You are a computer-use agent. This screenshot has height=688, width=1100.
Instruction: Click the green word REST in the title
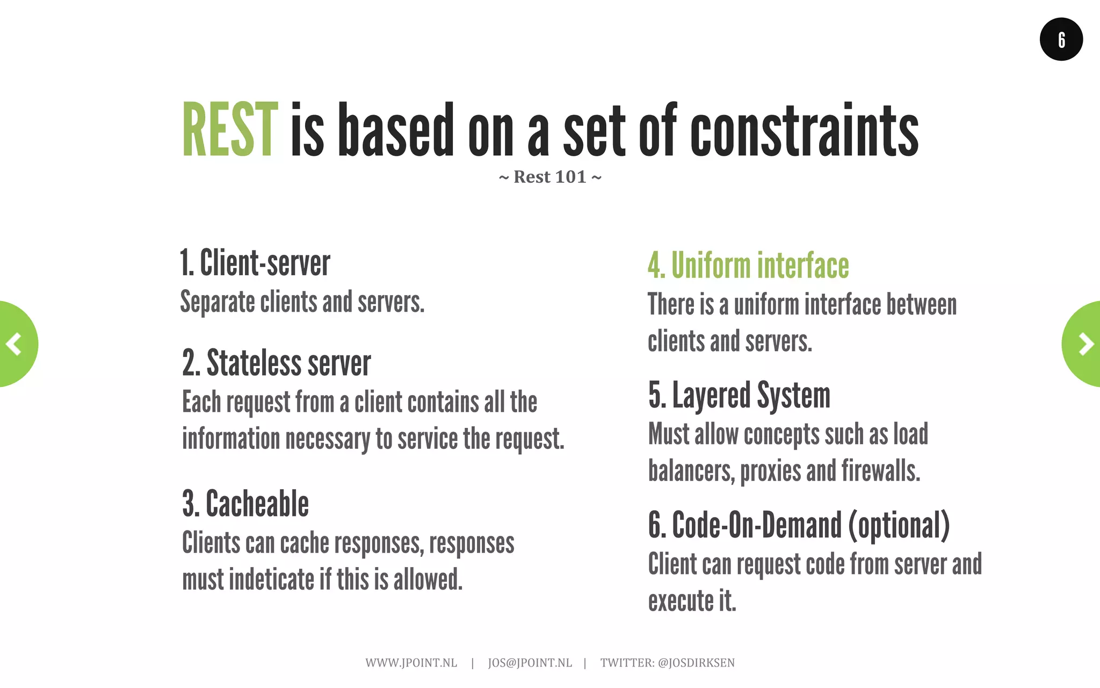pyautogui.click(x=230, y=131)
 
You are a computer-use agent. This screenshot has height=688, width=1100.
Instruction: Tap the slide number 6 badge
pyautogui.click(x=1061, y=39)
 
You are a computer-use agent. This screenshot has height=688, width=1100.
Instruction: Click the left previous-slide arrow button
pyautogui.click(x=15, y=344)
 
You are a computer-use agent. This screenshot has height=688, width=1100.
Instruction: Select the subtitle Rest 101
pyautogui.click(x=550, y=177)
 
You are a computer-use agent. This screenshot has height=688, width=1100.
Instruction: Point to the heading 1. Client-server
pyautogui.click(x=255, y=263)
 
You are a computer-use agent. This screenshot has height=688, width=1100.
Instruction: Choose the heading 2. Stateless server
pyautogui.click(x=277, y=363)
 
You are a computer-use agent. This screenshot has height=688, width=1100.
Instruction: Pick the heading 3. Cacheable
pyautogui.click(x=245, y=504)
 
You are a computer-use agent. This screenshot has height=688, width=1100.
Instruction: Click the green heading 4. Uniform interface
pyautogui.click(x=748, y=266)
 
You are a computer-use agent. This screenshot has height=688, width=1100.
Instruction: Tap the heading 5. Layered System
pyautogui.click(x=740, y=396)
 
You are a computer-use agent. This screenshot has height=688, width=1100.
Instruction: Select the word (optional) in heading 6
pyautogui.click(x=899, y=526)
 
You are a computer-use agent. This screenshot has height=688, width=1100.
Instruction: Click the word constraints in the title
pyautogui.click(x=804, y=131)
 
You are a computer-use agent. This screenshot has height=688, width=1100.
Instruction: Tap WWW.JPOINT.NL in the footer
pyautogui.click(x=411, y=663)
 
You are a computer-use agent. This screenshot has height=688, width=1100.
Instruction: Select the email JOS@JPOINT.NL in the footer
pyautogui.click(x=530, y=663)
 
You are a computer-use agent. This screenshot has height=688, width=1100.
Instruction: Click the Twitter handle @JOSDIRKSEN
pyautogui.click(x=696, y=663)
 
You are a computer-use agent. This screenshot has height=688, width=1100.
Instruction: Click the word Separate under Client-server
pyautogui.click(x=218, y=302)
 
